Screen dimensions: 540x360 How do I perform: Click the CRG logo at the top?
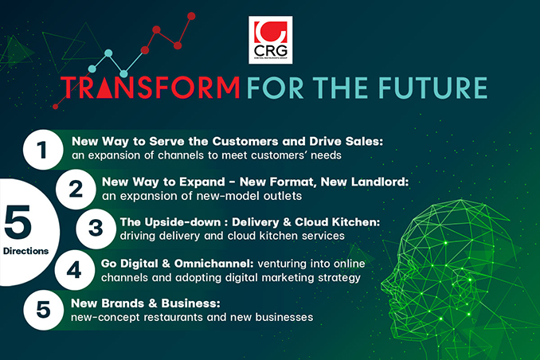point(270,40)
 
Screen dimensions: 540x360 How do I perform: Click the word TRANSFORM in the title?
point(150,88)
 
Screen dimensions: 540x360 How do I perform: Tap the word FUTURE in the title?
point(433,88)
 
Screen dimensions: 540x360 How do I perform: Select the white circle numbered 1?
point(43,150)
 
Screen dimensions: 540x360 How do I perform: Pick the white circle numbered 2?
point(76,189)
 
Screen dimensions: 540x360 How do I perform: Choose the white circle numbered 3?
point(96,229)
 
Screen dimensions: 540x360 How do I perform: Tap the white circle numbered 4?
point(74,270)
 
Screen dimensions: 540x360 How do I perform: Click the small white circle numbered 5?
point(43,310)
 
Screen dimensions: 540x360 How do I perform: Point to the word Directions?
point(25,251)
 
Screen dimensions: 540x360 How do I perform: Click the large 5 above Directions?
point(18,222)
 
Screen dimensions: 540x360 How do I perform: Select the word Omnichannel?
point(214,264)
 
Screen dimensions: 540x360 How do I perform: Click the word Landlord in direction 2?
point(380,182)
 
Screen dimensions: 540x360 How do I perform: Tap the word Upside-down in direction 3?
point(182,222)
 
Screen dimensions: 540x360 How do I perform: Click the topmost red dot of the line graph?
point(191,16)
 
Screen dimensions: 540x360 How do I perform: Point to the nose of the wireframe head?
point(385,284)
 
